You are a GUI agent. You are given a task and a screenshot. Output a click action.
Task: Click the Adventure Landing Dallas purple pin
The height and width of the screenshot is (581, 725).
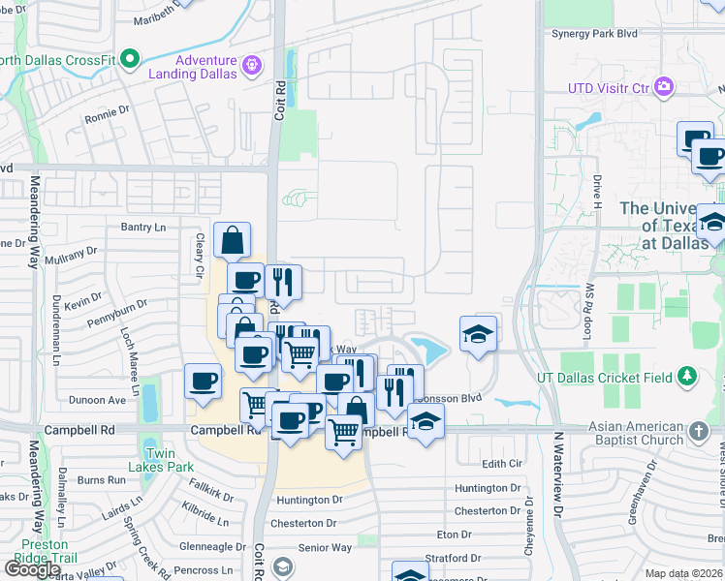(x=252, y=65)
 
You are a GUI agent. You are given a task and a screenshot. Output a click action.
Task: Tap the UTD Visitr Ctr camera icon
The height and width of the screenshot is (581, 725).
(x=664, y=87)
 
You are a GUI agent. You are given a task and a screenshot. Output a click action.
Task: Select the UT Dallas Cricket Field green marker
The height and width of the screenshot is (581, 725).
(x=687, y=375)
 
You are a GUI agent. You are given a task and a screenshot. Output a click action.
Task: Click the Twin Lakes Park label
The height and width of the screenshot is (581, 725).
(x=160, y=460)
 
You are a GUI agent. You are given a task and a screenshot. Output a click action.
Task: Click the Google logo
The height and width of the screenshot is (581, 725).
(x=33, y=569)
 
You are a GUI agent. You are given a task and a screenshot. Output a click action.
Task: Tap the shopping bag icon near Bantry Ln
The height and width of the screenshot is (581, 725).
(x=233, y=240)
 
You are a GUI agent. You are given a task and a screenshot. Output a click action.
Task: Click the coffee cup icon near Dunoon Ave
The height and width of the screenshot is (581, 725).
(x=204, y=381)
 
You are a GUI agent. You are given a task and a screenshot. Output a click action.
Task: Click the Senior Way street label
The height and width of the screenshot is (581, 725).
(x=325, y=548)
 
